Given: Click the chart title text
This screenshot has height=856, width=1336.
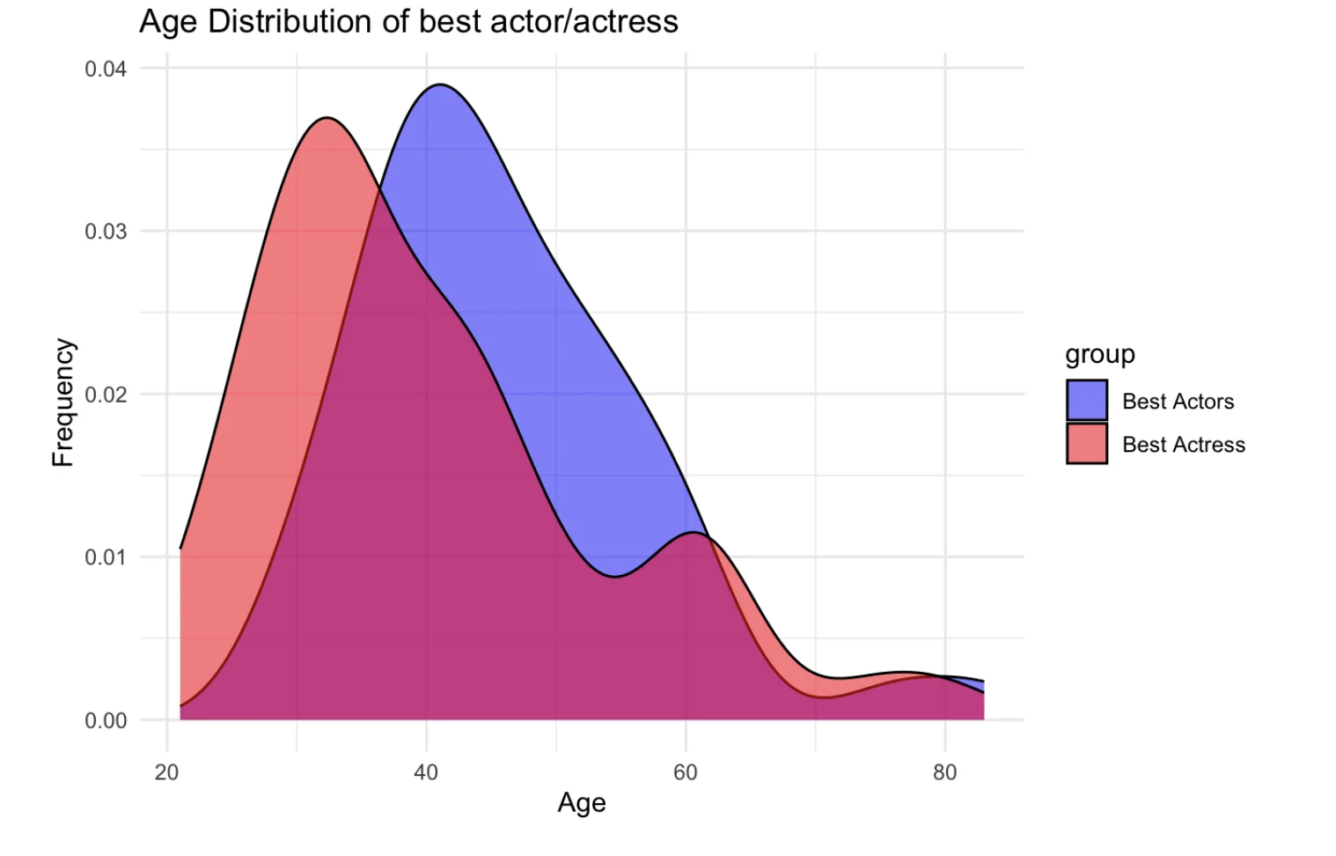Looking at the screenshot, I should tap(408, 22).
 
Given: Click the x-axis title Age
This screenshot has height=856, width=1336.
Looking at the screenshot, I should tap(581, 802).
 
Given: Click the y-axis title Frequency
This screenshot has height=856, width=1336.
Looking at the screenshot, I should tap(63, 402).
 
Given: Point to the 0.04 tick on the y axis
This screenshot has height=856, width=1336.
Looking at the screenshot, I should tap(106, 69).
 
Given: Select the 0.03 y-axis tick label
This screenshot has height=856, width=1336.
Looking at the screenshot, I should tap(106, 232).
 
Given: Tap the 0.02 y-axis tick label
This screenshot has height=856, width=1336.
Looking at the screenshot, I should tap(106, 395).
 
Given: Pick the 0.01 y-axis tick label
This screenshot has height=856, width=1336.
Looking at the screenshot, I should tap(106, 557).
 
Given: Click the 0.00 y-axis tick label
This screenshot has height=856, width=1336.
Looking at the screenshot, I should tap(106, 721).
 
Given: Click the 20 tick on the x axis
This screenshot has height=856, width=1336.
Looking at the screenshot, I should tap(166, 772).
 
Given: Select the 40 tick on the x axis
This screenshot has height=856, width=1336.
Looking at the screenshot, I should tap(426, 772).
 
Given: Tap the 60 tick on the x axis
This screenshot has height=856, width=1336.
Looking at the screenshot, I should tap(685, 772).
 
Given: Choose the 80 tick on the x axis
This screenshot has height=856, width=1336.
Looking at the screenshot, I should tap(944, 772).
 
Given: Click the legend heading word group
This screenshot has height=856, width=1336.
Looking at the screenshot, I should tap(1099, 354).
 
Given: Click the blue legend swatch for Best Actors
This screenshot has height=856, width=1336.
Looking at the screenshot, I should tap(1086, 401).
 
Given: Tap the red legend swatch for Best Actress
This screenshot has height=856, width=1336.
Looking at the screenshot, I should tap(1086, 444).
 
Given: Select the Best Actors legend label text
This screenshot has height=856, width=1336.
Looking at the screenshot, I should tap(1178, 402).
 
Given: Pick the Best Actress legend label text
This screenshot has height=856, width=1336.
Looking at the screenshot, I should tap(1183, 445).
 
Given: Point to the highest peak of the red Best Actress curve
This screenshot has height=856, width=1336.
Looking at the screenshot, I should tap(327, 118).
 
